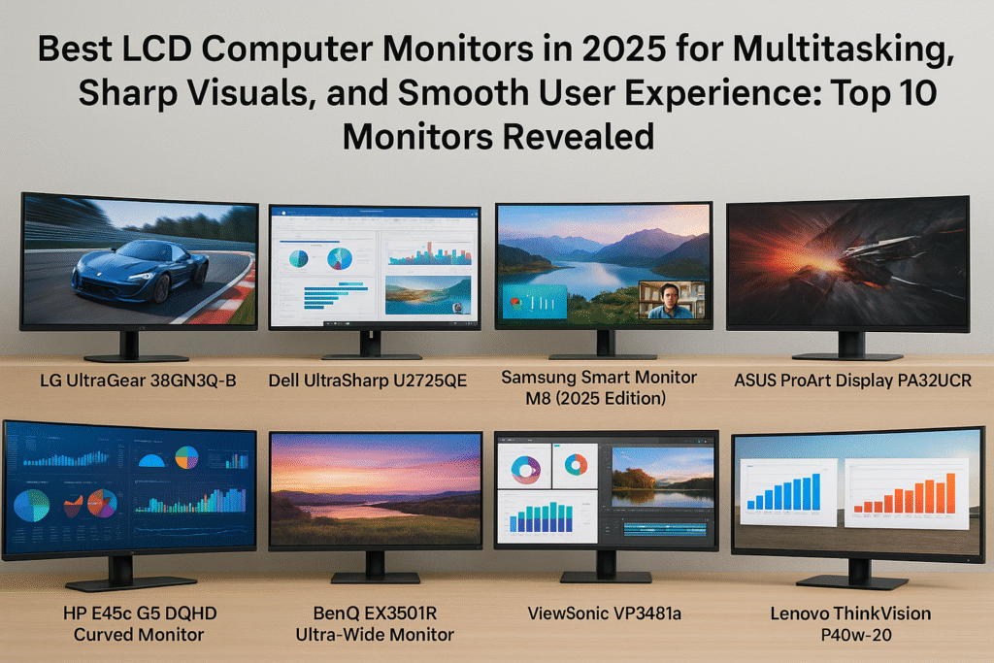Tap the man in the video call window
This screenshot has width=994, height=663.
pos(672,302)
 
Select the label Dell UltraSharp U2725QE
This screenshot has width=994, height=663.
pos(368,381)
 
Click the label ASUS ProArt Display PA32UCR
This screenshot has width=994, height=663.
pos(852,381)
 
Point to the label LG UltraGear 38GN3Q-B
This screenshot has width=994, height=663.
pos(138,381)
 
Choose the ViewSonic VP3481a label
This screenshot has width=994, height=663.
pos(604,613)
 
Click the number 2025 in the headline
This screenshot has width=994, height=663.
pos(624,49)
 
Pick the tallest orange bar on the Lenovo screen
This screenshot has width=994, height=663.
pos(950,493)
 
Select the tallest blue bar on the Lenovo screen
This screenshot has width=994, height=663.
pos(815,491)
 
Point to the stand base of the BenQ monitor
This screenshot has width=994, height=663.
pos(376,578)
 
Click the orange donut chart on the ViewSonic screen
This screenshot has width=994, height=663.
pos(576,465)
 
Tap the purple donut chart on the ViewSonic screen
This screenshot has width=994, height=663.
pos(525,470)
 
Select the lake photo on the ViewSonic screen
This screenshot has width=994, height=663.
pos(662,478)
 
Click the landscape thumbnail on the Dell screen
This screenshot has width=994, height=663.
pos(428,295)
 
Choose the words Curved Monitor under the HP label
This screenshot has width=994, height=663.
pos(139,635)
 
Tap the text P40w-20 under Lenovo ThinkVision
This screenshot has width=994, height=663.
pos(856,635)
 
